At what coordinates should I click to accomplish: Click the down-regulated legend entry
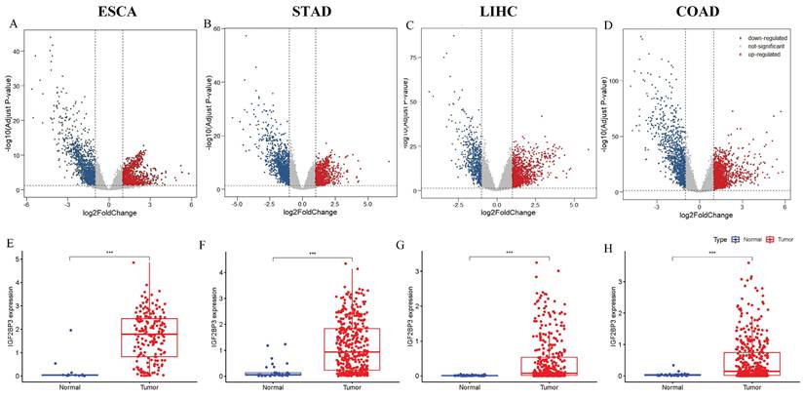[763, 36]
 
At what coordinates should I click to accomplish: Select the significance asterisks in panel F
[312, 255]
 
